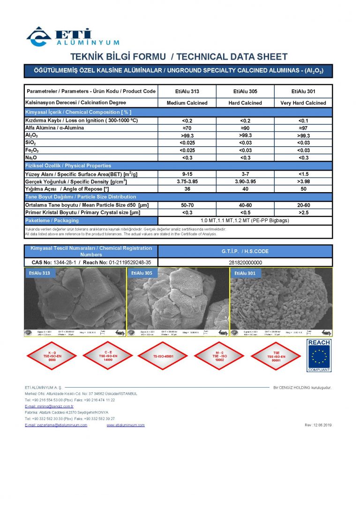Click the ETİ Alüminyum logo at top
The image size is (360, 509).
73,37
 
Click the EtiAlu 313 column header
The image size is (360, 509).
187,91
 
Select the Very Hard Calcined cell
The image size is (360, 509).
303,103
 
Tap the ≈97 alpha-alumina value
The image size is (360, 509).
303,127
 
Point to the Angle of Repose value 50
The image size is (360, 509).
303,188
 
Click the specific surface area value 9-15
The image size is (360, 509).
187,174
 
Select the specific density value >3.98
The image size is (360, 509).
303,181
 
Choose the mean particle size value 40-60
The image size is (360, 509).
245,205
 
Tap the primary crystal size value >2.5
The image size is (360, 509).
303,212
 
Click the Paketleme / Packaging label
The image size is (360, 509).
52,220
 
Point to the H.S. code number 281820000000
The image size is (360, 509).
245,262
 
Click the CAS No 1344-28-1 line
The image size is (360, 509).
91,262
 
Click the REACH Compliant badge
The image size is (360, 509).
319,355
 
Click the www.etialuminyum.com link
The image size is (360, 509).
126,425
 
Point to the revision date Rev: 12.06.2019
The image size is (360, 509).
318,425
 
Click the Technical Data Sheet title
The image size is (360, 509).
179,57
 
